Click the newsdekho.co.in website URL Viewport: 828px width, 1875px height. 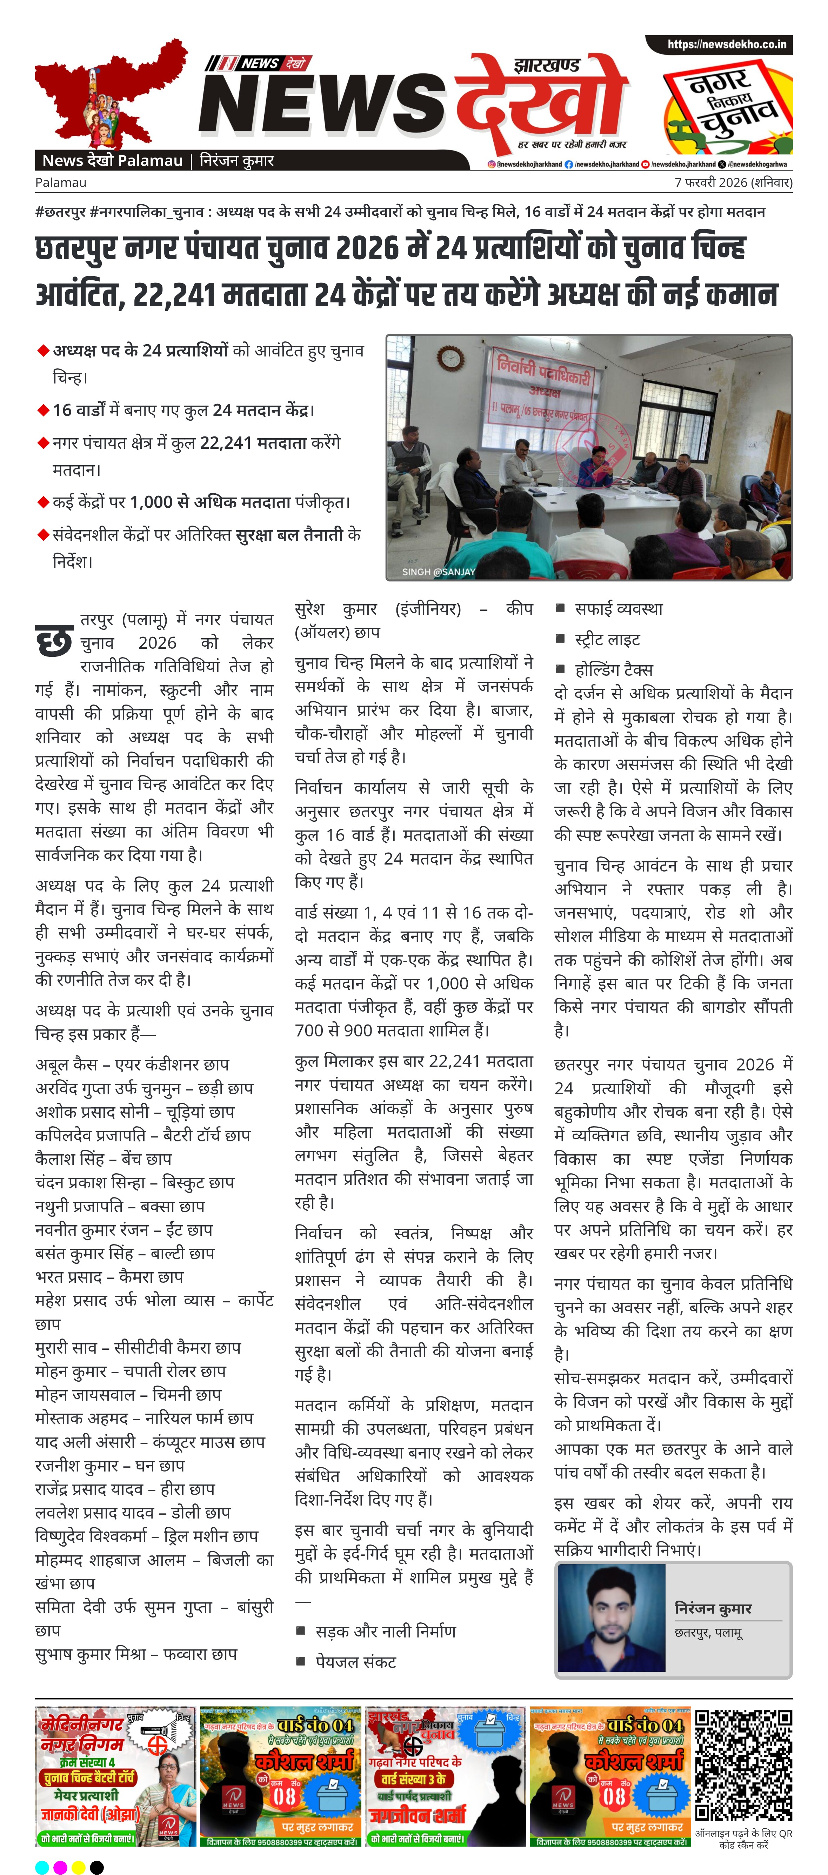pyautogui.click(x=726, y=45)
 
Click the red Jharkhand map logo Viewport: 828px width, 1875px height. pyautogui.click(x=109, y=95)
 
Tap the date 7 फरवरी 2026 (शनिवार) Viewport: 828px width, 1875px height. pyautogui.click(x=733, y=183)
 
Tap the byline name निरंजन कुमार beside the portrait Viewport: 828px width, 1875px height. pyautogui.click(x=712, y=1608)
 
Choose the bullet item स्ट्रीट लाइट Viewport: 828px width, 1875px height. pyautogui.click(x=607, y=640)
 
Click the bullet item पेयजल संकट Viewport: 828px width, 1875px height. pyautogui.click(x=355, y=1662)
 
